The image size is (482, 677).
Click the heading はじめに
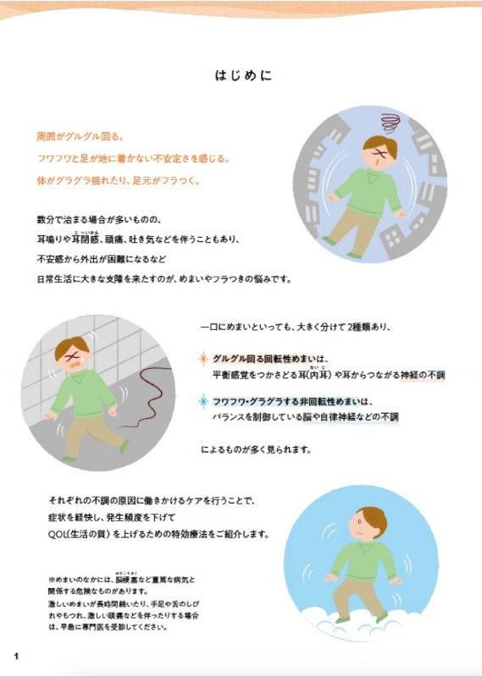coord(243,75)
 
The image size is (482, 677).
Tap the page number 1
coord(16,657)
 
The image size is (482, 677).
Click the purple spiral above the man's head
coord(391,123)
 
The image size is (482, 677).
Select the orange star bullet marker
coord(203,359)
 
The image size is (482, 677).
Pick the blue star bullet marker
coord(203,401)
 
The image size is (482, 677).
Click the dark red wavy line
coord(147,397)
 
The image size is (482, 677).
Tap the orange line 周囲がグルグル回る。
coord(80,137)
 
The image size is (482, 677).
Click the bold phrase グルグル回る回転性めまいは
coord(268,359)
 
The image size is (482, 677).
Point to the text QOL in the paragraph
coord(56,534)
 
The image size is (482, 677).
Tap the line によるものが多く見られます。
coord(256,449)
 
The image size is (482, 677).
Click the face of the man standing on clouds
coord(362,525)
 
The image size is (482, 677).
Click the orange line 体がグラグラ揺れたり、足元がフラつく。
coord(119,181)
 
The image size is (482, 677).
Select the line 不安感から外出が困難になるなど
coord(101,259)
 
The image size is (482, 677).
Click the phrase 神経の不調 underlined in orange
coord(423,375)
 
